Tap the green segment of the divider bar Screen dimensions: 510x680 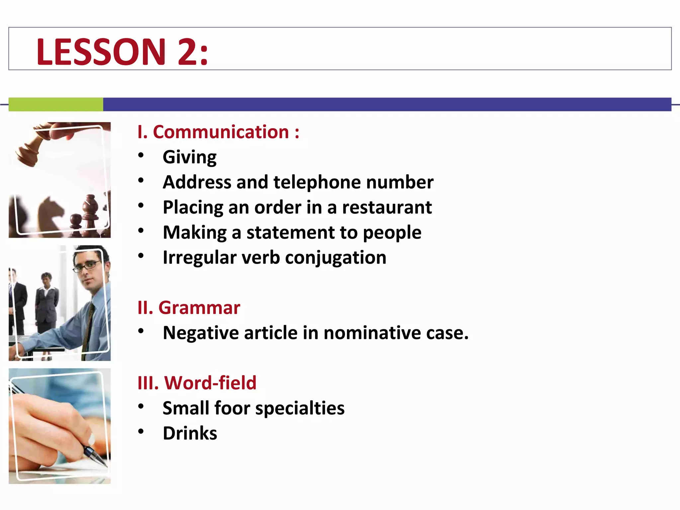[x=56, y=104]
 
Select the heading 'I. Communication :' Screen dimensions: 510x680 [x=218, y=132]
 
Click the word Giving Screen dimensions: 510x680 [x=190, y=157]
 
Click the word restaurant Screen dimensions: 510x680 [x=387, y=208]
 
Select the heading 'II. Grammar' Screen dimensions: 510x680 [x=189, y=308]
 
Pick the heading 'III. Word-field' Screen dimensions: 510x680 [x=197, y=383]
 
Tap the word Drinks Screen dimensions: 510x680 [x=190, y=433]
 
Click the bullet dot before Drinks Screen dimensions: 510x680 [x=141, y=431]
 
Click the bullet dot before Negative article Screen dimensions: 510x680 [x=141, y=331]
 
